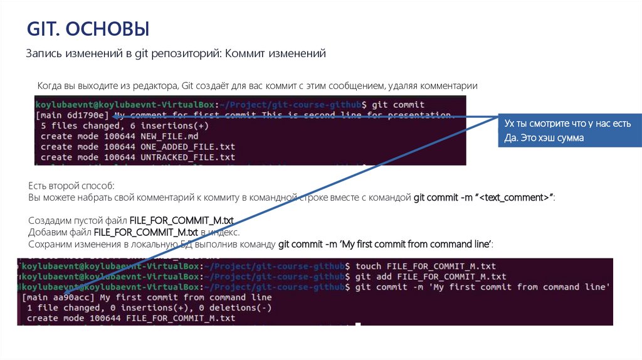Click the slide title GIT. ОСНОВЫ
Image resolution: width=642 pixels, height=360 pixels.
[88, 29]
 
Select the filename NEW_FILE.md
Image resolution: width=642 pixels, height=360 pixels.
[170, 136]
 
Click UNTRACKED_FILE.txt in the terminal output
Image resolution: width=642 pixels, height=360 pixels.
[187, 157]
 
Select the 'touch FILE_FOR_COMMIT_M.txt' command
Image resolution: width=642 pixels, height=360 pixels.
[425, 266]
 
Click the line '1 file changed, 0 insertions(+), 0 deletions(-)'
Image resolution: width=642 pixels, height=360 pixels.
[149, 308]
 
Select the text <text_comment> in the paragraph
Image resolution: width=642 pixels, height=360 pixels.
[514, 198]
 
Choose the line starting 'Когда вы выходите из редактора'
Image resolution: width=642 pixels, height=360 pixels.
[257, 85]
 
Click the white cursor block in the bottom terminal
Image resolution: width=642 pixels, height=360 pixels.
[358, 325]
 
